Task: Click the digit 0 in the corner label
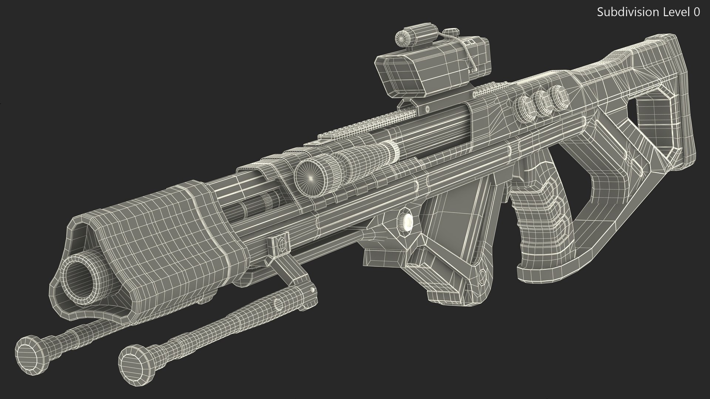(696, 12)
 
